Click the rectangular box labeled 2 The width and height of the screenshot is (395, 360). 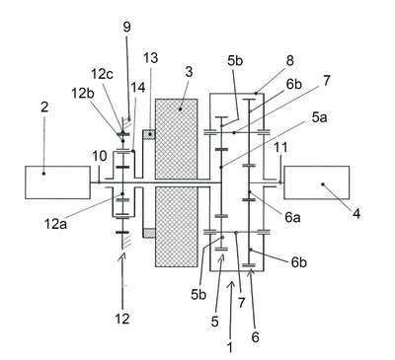tap(57, 182)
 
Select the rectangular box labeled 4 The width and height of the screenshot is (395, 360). tap(317, 182)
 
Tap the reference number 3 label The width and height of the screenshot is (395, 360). tap(189, 72)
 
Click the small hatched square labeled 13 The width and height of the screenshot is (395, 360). tap(149, 134)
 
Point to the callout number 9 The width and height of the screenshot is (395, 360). tap(127, 27)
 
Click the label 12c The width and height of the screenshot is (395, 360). tap(103, 74)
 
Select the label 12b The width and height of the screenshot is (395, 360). tap(83, 94)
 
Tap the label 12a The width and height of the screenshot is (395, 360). tap(55, 224)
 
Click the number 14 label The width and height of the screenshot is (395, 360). tap(137, 88)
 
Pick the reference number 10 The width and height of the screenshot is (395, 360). tap(100, 156)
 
